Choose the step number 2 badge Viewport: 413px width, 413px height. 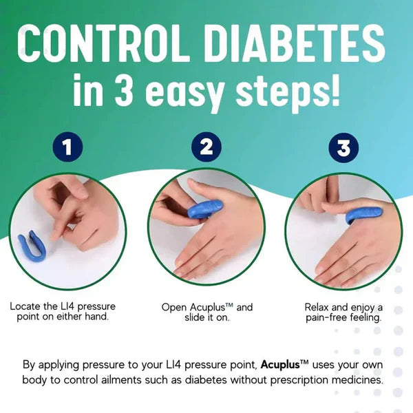click(x=206, y=147)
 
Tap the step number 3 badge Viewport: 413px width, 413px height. click(x=342, y=147)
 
